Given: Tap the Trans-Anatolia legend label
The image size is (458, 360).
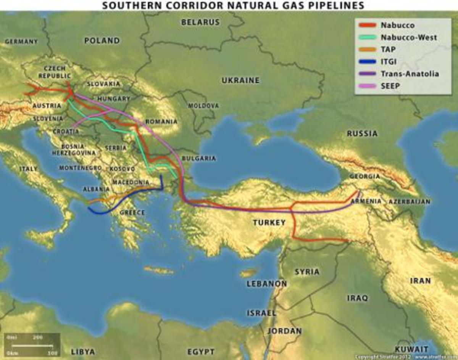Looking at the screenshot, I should point(410,74).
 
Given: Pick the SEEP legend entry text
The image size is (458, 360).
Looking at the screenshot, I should point(390,86).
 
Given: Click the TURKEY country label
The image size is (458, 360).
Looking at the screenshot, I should point(269,222).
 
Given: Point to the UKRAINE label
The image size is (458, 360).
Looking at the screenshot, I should point(240,80).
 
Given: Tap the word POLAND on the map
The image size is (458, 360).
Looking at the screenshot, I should point(102,40).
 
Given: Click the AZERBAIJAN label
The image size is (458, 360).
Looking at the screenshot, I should point(409,201).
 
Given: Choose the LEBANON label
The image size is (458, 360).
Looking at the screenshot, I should point(266,284).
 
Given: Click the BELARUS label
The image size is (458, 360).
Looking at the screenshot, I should point(200,22).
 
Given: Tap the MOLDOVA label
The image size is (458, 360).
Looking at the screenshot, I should point(203,106).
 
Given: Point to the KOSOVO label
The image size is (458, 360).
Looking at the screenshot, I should point(122,169).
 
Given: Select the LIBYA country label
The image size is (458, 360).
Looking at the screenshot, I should point(83,351).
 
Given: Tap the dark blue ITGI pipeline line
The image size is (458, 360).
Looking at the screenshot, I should point(114,206).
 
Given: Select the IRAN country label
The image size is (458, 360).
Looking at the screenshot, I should point(420,281).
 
